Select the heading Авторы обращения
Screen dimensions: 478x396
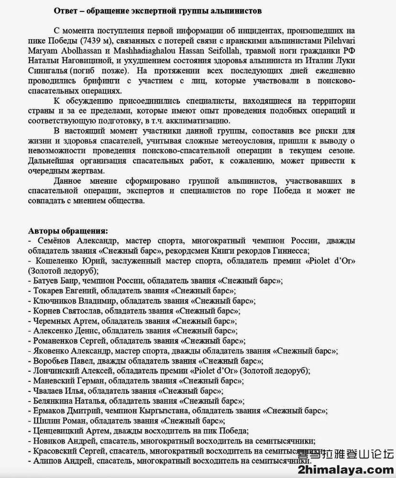coord(68,231)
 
